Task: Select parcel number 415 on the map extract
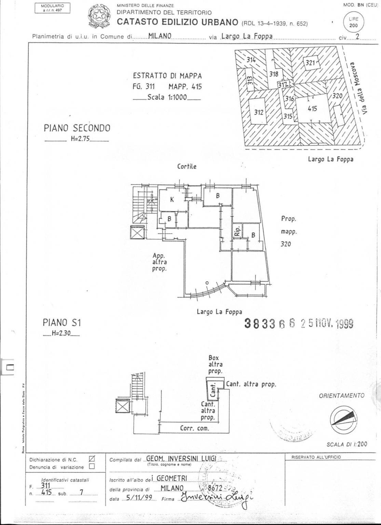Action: tap(312, 109)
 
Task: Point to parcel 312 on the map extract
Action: tap(259, 112)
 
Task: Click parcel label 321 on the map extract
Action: tap(310, 63)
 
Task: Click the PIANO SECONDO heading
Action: tap(77, 128)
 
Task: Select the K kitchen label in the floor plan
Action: tap(172, 200)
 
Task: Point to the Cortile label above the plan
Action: tap(187, 167)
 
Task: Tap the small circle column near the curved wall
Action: tap(207, 283)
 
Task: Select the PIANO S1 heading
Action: tap(62, 322)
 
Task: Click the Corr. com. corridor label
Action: tap(194, 428)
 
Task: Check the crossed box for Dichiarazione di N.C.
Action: tap(92, 459)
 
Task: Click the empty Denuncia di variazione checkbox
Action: tap(92, 467)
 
